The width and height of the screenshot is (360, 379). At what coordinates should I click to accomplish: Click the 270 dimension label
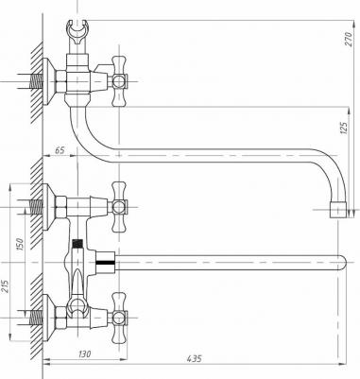[x=348, y=39]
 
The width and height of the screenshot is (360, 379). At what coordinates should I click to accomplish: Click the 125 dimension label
[x=344, y=128]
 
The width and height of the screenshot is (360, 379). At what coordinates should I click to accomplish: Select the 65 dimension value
[x=60, y=150]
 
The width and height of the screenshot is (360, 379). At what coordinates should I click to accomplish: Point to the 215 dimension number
[x=7, y=286]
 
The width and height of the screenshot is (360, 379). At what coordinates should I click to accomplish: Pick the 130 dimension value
[x=84, y=353]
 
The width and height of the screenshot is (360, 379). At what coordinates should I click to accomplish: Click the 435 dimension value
[x=194, y=358]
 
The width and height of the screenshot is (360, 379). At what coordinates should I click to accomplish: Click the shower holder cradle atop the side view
[x=77, y=32]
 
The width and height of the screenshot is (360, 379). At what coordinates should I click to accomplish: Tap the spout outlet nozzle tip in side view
[x=338, y=210]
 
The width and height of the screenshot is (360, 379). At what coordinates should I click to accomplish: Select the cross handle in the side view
[x=119, y=81]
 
